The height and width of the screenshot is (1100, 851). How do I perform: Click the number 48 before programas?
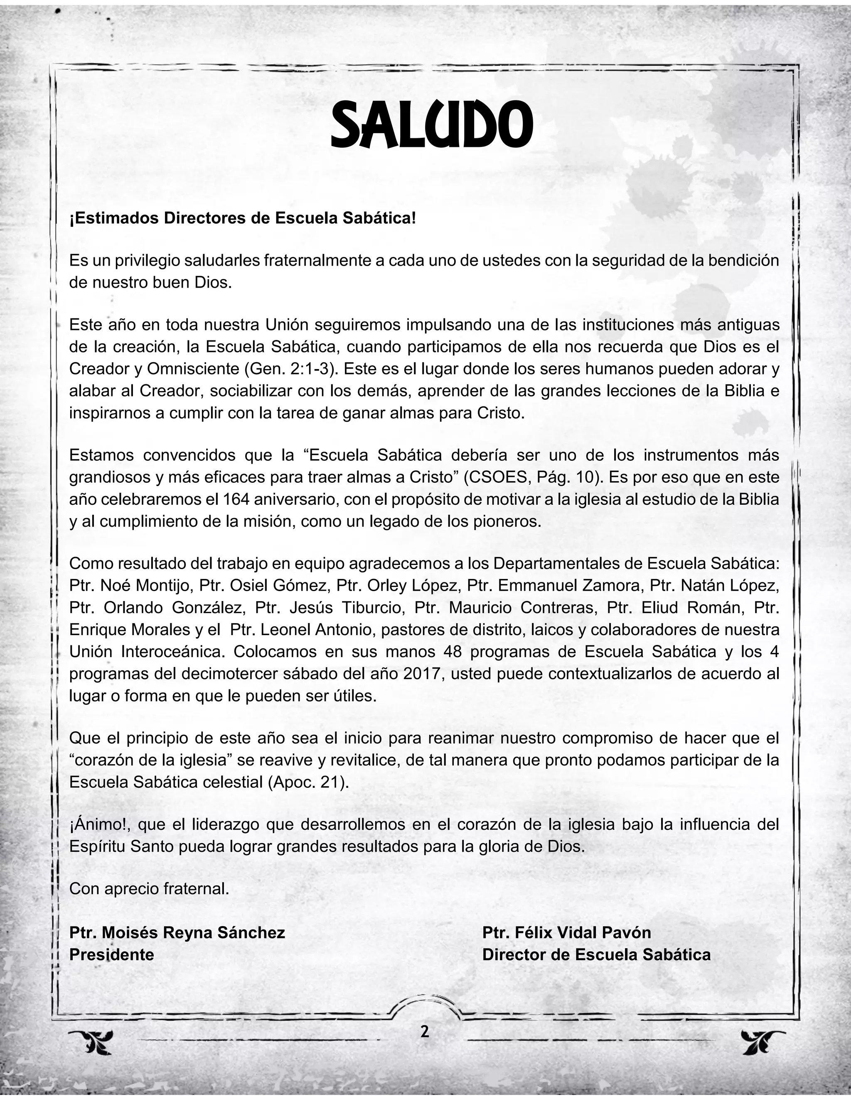coord(453,652)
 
